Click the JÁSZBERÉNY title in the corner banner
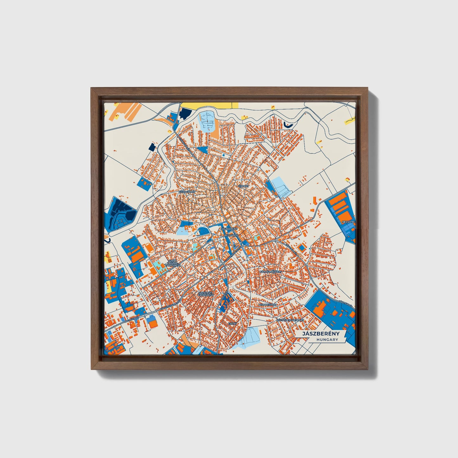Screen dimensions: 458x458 [x=320, y=334]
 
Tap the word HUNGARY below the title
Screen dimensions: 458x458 [x=327, y=340]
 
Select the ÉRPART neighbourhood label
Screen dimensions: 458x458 [x=244, y=186]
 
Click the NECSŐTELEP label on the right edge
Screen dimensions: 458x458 [x=349, y=222]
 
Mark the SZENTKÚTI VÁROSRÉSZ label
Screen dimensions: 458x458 [x=205, y=294]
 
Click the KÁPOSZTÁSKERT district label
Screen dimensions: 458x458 [x=270, y=272]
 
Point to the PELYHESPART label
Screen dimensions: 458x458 [x=268, y=305]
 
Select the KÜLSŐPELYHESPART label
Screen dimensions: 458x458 [x=290, y=320]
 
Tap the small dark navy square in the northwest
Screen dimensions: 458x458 [x=153, y=147]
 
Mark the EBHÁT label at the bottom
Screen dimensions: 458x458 [x=233, y=324]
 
